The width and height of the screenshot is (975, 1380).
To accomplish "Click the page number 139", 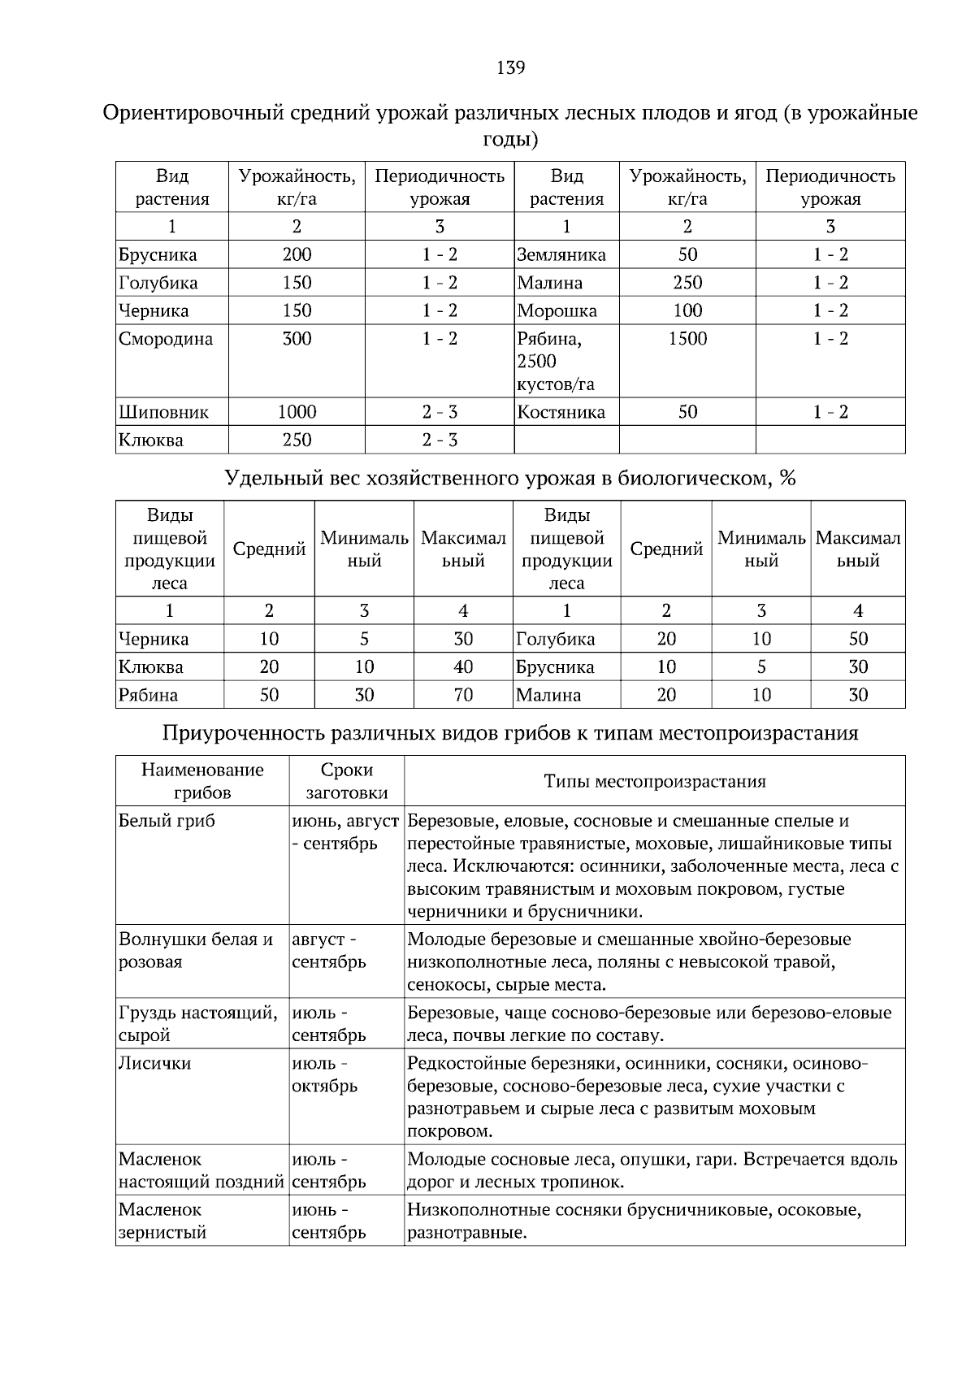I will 510,67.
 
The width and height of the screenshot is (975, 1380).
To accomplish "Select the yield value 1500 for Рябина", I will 687,339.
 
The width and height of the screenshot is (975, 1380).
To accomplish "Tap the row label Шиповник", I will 163,413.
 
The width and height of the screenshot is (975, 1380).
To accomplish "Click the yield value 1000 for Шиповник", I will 297,412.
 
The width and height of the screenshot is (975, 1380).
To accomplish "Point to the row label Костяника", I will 561,412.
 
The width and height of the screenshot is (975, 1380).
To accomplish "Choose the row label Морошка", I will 557,311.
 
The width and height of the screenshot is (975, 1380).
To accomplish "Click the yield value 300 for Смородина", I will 297,339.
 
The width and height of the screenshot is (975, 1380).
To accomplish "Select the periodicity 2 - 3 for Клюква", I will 440,440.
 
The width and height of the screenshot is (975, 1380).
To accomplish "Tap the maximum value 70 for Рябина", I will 463,695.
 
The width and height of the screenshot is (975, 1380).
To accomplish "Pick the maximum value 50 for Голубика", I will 858,639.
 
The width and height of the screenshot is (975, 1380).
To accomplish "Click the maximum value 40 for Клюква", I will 463,667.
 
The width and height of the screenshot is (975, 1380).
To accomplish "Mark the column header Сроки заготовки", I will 347,781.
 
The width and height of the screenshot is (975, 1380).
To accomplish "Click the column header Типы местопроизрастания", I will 654,781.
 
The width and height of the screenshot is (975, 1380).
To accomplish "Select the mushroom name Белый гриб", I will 167,821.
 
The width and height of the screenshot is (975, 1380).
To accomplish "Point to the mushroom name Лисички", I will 154,1063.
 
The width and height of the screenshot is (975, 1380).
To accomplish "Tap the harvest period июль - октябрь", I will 325,1074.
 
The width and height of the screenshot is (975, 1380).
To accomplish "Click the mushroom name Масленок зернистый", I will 162,1221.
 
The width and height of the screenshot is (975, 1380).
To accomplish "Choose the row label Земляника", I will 561,255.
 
